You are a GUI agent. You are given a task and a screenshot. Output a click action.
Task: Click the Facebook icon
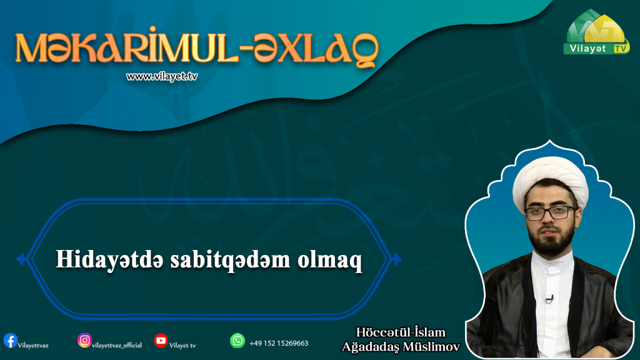point(10,341)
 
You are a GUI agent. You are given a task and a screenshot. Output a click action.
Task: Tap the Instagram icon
point(84,340)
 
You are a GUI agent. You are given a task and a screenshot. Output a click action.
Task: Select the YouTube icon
point(161,341)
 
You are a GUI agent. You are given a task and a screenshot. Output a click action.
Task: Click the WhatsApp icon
point(237,341)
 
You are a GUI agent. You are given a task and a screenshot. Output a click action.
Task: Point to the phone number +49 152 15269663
point(279,343)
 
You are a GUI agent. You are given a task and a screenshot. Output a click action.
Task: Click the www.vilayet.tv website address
point(162,77)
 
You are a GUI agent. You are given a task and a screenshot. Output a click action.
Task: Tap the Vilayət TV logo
point(597,32)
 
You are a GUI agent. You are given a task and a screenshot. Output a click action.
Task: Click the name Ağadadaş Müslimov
point(401,347)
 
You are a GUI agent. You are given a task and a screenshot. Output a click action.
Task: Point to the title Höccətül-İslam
point(401,332)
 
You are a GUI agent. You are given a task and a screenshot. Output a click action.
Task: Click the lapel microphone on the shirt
point(550,299)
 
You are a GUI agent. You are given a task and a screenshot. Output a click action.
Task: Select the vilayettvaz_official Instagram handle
point(117,345)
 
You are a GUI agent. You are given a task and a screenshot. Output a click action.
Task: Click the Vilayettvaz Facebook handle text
point(33,346)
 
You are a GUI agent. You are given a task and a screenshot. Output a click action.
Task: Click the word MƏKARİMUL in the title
point(126,46)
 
